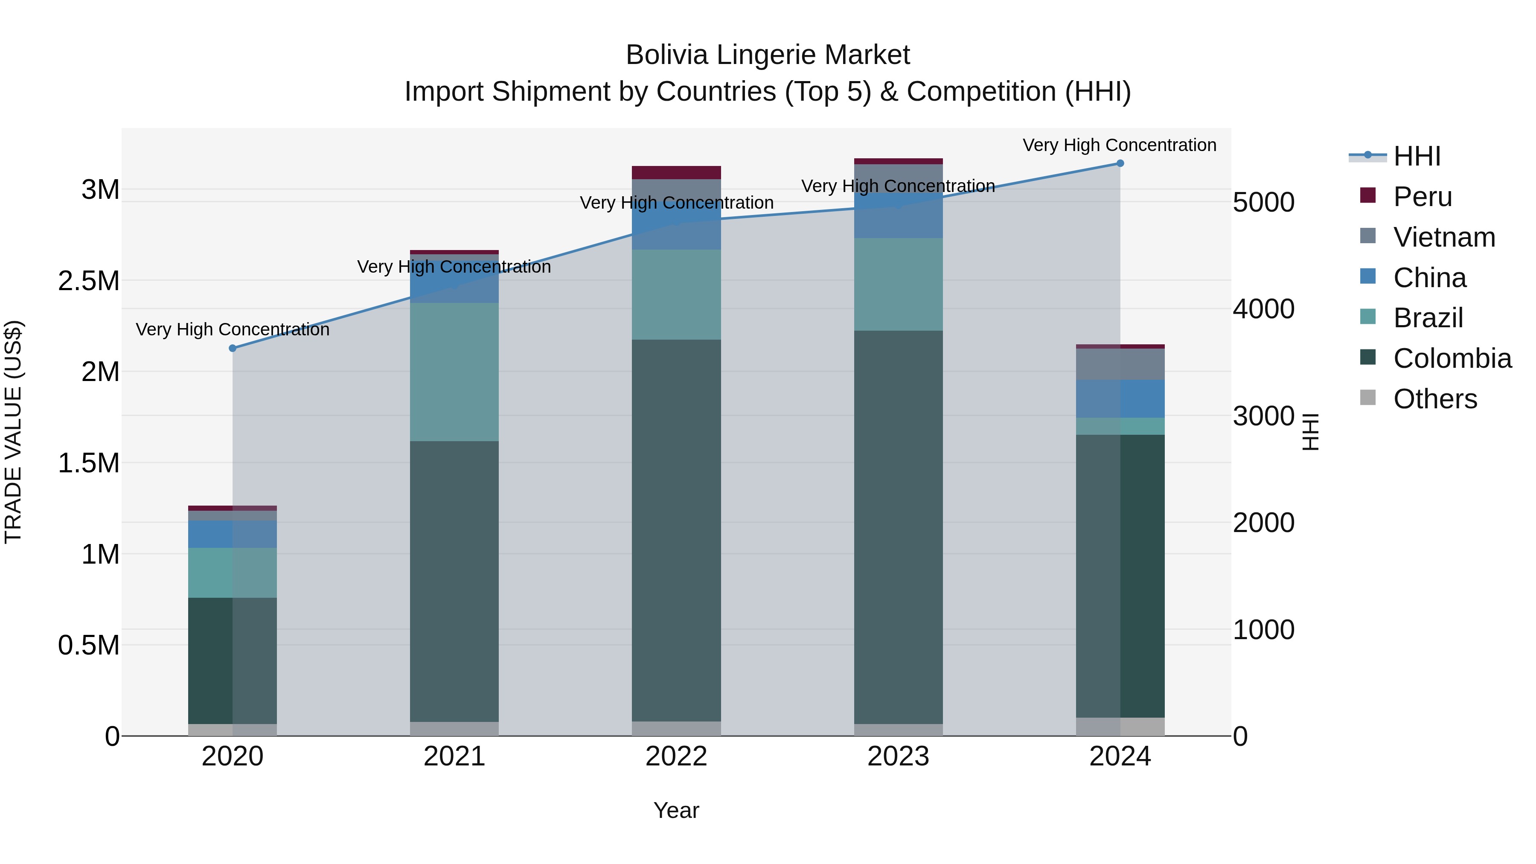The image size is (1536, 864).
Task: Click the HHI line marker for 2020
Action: (x=233, y=348)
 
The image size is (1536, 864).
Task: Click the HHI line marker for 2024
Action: (x=1120, y=163)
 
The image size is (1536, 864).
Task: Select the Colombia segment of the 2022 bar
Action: (x=676, y=531)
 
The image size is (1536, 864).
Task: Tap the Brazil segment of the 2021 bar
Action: (x=454, y=372)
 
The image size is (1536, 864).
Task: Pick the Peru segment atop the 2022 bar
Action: (x=676, y=172)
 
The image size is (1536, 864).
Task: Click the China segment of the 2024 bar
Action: (x=1120, y=399)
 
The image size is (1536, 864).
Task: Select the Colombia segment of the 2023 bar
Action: (x=898, y=528)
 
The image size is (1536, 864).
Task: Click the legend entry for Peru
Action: (x=1422, y=197)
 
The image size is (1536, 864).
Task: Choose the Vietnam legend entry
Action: (x=1443, y=237)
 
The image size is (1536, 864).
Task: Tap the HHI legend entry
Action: (x=1416, y=156)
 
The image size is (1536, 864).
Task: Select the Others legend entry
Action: (x=1434, y=399)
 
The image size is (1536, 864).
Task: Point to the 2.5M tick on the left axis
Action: (x=89, y=281)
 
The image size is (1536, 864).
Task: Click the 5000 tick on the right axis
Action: (x=1263, y=202)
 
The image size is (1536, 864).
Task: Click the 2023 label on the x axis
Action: (x=898, y=756)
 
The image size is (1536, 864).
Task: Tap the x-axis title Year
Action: (x=676, y=810)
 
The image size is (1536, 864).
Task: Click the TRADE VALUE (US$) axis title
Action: (x=13, y=432)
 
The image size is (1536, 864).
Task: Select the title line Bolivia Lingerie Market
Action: (x=768, y=55)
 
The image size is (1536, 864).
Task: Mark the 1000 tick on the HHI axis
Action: (x=1263, y=630)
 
